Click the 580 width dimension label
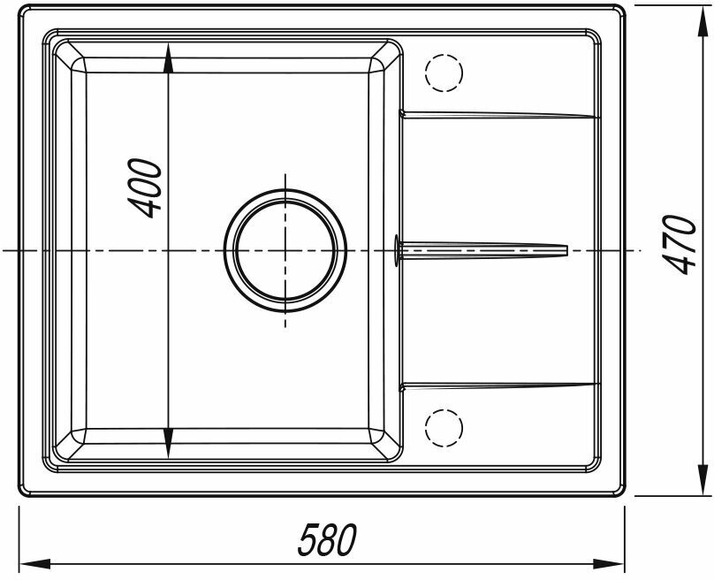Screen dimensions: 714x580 coord(327,540)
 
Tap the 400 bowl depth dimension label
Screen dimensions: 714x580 coord(145,187)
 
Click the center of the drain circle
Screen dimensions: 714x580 coord(285,250)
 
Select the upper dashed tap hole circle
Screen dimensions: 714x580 coord(444,72)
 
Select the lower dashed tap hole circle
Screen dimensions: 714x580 coord(444,428)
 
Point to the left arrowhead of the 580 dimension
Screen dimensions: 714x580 coord(34,564)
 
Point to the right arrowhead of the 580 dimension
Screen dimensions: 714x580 coord(609,564)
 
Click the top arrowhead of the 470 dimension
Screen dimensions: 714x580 coord(705,20)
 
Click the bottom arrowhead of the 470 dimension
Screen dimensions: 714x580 coord(705,480)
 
